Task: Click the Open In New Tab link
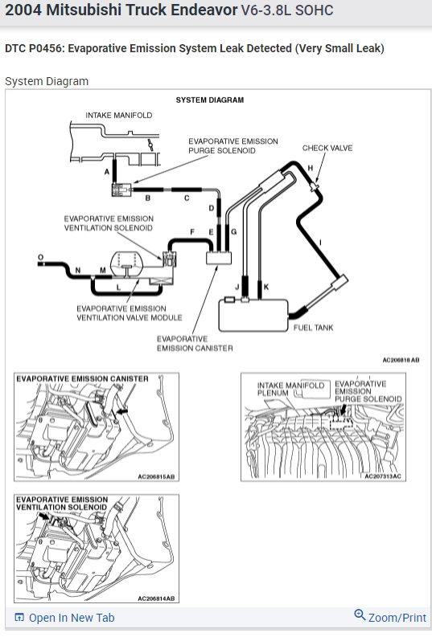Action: click(x=64, y=618)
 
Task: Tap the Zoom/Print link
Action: click(x=390, y=617)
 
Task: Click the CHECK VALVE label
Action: click(x=327, y=149)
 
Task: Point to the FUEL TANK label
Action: click(x=313, y=328)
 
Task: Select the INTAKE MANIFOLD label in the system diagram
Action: click(x=119, y=116)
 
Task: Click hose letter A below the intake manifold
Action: click(x=107, y=172)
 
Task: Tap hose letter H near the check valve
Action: click(x=311, y=168)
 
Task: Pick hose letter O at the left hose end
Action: click(x=40, y=257)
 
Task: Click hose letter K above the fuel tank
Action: click(x=266, y=287)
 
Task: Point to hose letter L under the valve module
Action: click(x=118, y=288)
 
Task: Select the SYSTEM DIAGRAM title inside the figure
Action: click(x=210, y=100)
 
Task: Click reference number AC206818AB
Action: click(x=401, y=360)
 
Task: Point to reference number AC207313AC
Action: click(x=383, y=476)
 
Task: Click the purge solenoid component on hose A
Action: click(x=121, y=190)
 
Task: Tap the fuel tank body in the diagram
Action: click(x=253, y=316)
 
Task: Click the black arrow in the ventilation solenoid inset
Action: click(x=43, y=516)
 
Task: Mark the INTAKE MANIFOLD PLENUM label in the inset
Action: click(x=290, y=389)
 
